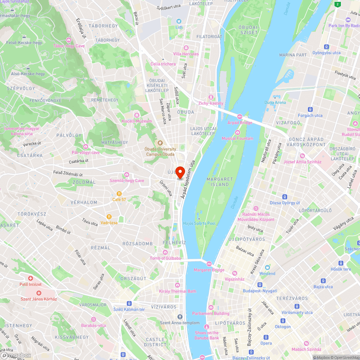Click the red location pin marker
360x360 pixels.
coord(180,172)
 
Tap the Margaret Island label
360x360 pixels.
coord(220,182)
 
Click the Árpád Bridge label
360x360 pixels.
coord(240,123)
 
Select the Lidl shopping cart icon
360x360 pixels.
coord(179,21)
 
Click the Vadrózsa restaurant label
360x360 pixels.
coord(109,223)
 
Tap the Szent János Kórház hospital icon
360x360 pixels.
coord(39,293)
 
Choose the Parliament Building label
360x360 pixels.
coord(211,314)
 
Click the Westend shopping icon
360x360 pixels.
coord(267,267)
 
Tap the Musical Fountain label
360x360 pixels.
coord(237,138)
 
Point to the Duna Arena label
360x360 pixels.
coord(275,102)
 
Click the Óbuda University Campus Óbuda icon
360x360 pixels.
coord(161,143)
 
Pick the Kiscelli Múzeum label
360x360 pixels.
coord(137,121)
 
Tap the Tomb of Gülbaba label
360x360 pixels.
coord(165,258)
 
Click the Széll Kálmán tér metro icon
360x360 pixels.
coord(129,303)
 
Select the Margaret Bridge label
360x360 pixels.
coord(209,270)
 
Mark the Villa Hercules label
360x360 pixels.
coord(186,54)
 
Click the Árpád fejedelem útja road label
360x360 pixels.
coord(188,179)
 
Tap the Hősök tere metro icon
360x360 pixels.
coord(341,263)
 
